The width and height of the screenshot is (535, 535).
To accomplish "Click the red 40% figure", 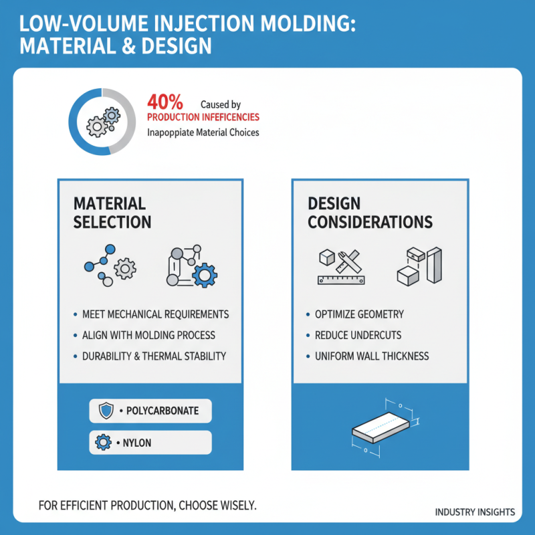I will coord(164,103).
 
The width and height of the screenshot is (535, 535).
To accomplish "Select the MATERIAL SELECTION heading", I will coord(112,213).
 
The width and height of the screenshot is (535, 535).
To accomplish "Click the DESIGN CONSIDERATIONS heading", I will coord(370,213).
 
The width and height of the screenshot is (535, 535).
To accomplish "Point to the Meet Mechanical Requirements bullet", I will coord(155,314).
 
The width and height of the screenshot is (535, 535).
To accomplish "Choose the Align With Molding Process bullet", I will coord(148,335).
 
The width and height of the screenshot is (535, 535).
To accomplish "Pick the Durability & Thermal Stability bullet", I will coord(154,356).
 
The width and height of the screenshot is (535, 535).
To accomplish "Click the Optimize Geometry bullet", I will coord(359,314).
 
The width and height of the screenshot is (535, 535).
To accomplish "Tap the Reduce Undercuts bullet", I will coord(358,335).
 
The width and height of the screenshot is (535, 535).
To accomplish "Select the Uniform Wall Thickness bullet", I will coord(371,356).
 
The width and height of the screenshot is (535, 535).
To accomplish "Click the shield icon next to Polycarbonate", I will coord(106,411).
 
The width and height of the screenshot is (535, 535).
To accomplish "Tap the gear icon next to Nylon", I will coord(104,443).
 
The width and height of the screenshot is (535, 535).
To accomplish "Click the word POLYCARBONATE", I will coord(163,411).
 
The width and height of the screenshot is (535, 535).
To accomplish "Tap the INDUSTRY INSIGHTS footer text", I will coord(475,512).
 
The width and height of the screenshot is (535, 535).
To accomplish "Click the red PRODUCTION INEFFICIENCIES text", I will coord(203,118).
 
